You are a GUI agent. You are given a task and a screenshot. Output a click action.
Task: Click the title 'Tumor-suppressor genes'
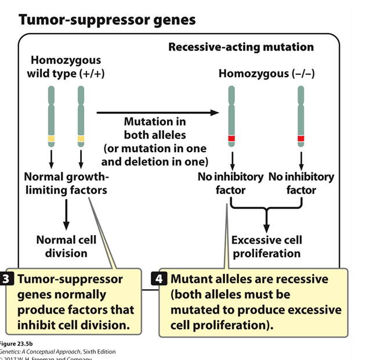pyautogui.click(x=107, y=20)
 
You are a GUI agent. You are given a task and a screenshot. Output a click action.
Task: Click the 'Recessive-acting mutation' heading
pyautogui.click(x=241, y=46)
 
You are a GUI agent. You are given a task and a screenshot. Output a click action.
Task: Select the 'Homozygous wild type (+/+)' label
pyautogui.click(x=66, y=67)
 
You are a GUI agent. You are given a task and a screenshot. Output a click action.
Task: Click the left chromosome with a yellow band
pyautogui.click(x=52, y=116)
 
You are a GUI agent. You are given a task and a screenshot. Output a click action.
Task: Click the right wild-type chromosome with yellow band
pyautogui.click(x=81, y=116)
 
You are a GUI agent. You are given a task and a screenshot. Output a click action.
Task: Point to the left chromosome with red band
pyautogui.click(x=231, y=116)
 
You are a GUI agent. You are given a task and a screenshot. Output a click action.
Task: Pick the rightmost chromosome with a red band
pyautogui.click(x=300, y=116)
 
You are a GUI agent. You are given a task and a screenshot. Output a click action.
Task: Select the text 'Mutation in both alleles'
pyautogui.click(x=155, y=128)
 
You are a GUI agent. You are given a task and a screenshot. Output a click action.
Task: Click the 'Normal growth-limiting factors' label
pyautogui.click(x=66, y=183)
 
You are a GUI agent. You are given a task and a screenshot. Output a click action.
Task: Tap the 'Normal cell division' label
pyautogui.click(x=66, y=246)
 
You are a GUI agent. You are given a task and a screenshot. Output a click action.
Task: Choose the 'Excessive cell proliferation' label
pyautogui.click(x=267, y=246)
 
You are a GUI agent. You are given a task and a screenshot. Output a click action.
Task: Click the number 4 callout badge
pyautogui.click(x=163, y=279)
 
